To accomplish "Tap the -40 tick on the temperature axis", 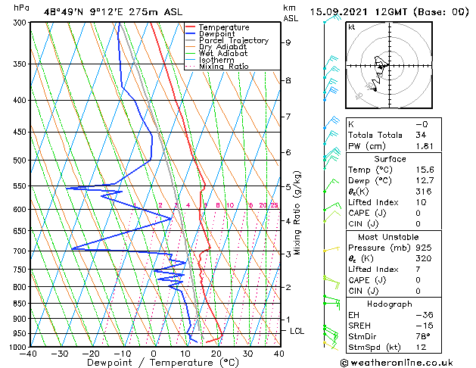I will click(29, 353).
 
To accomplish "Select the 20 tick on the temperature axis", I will click(216, 353).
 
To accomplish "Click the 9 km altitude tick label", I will click(288, 42).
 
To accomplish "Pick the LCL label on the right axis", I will click(297, 331).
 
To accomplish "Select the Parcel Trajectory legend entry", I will click(233, 41).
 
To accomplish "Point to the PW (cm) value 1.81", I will click(422, 146).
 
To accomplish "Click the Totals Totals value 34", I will click(422, 135).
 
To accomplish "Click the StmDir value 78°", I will click(422, 336).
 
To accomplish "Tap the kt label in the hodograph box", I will click(352, 27).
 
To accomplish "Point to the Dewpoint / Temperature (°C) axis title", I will click(154, 362).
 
